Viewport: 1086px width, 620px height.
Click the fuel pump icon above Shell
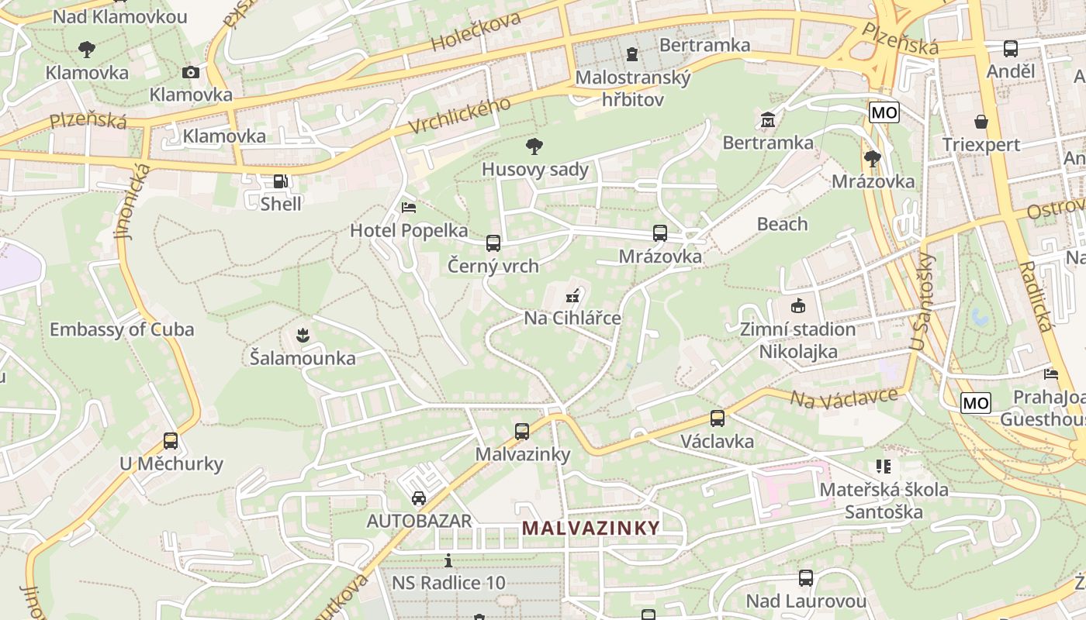(280, 182)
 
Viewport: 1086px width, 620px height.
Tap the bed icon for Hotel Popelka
(409, 208)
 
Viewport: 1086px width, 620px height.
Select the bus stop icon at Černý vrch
(493, 243)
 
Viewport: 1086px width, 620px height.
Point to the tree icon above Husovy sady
(534, 146)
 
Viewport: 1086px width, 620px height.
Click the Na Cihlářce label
(572, 318)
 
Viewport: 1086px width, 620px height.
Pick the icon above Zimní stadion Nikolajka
(797, 305)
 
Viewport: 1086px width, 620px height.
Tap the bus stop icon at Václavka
(718, 418)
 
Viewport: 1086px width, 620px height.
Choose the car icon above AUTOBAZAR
(419, 498)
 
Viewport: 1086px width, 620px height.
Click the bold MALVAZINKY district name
(591, 529)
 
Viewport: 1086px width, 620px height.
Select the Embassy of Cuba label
(122, 329)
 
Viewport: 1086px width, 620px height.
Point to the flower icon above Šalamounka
(303, 335)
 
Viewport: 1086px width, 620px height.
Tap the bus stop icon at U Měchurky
(171, 441)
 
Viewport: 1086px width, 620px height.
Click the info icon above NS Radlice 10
(448, 560)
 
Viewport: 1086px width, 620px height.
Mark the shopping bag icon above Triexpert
(981, 122)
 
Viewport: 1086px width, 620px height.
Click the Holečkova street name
(476, 33)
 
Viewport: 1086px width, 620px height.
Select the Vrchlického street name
(460, 116)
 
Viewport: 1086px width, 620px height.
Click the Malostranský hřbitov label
(633, 88)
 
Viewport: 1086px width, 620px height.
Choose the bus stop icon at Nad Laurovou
(806, 578)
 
